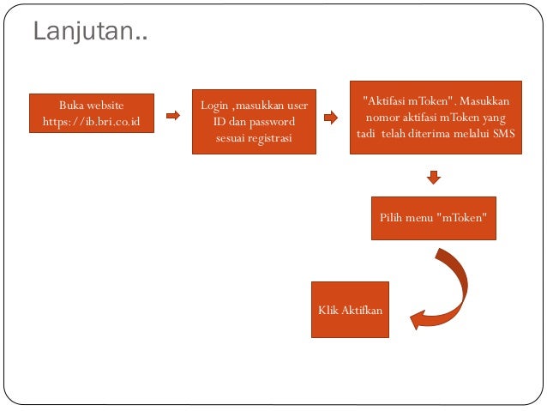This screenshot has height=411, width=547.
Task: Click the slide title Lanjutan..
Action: point(89,33)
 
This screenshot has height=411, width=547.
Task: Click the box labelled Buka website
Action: point(92,113)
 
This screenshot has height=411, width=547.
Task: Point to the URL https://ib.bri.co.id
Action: point(92,121)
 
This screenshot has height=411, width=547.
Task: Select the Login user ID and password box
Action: point(254,121)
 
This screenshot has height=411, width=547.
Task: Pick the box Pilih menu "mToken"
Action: point(434,218)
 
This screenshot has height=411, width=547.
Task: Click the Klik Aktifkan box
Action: point(350,309)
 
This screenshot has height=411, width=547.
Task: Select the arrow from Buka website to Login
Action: point(172,115)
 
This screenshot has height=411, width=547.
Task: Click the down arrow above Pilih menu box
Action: point(434,178)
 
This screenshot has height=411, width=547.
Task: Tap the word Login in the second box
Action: point(214,106)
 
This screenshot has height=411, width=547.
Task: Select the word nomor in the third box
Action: point(382,118)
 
